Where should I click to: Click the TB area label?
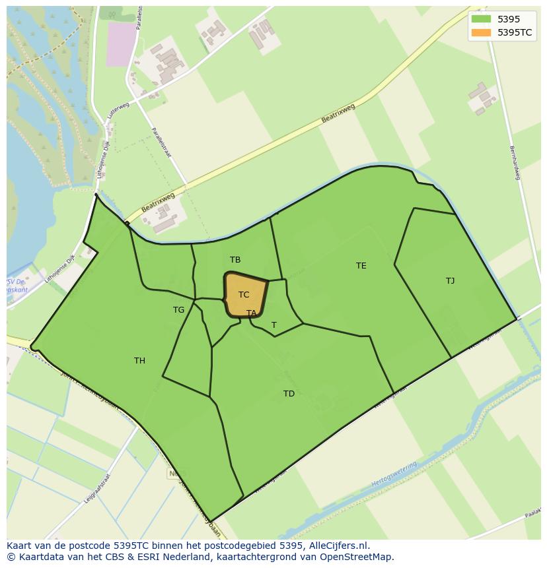pyautogui.click(x=235, y=260)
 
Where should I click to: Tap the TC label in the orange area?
pyautogui.click(x=244, y=295)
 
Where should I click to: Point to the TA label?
pyautogui.click(x=251, y=313)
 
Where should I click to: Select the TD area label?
pyautogui.click(x=289, y=394)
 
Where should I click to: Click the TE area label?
pyautogui.click(x=361, y=266)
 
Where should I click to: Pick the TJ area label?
pyautogui.click(x=450, y=281)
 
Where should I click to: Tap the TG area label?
pyautogui.click(x=178, y=310)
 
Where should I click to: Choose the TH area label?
pyautogui.click(x=139, y=361)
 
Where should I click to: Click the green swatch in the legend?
pyautogui.click(x=481, y=19)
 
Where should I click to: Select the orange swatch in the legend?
pyautogui.click(x=481, y=32)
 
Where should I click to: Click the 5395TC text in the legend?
pyautogui.click(x=515, y=32)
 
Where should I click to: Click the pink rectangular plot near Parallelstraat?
pyautogui.click(x=120, y=44)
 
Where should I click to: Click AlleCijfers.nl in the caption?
pyautogui.click(x=339, y=546)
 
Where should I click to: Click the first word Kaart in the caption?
pyautogui.click(x=19, y=546)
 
